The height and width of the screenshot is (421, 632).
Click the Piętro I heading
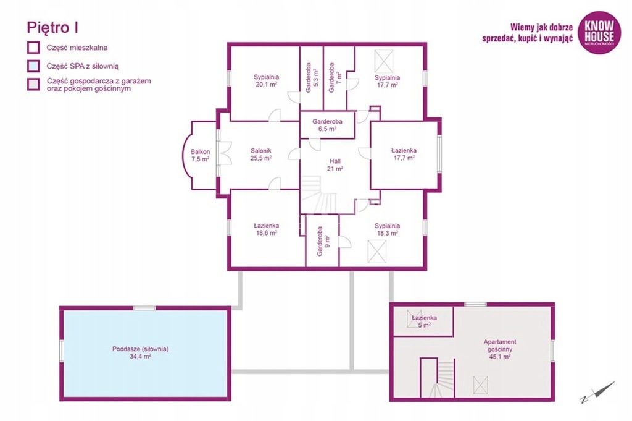coord(52,28)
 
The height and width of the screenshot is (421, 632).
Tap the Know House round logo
coord(599,32)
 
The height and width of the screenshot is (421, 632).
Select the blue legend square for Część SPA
coord(33,66)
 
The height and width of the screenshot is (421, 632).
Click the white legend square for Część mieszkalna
coord(33,47)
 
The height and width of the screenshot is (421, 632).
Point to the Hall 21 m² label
coord(335,165)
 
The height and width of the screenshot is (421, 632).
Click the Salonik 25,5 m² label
coord(261,155)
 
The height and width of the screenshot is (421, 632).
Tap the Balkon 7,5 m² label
coord(201,155)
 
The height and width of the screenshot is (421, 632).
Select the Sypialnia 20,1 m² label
coord(267,81)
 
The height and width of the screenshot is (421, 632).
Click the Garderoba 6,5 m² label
coord(327,125)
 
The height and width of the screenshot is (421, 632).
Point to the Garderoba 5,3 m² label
coord(312,78)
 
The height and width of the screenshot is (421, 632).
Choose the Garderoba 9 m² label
coord(323,241)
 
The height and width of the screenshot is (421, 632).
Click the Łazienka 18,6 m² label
coord(267,229)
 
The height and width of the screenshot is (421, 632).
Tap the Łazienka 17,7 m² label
coord(404,154)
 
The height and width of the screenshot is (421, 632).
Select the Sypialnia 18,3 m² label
coord(388,229)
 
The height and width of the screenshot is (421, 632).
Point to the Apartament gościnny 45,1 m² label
coord(500,349)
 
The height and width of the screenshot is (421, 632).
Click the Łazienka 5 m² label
coord(424,321)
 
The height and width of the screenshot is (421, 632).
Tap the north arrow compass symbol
coord(598,392)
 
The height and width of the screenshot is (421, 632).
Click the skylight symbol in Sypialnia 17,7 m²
coord(383,61)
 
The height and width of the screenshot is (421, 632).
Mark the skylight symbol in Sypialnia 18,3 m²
coord(377,251)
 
